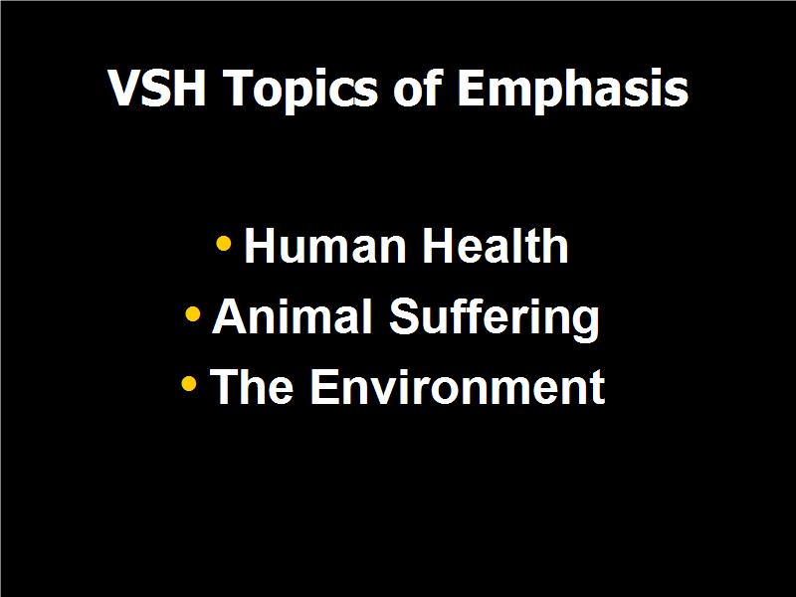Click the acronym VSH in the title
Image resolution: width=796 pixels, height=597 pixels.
tap(157, 88)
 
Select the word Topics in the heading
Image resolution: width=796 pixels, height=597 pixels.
tap(300, 91)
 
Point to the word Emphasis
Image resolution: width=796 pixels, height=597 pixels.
tap(573, 91)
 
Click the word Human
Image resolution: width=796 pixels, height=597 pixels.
tap(325, 246)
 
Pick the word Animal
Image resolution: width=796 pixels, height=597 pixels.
tap(292, 315)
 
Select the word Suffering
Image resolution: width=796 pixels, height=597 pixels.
tap(495, 318)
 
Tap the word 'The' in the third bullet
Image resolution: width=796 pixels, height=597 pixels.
tap(252, 386)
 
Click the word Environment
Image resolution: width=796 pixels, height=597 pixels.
tap(458, 387)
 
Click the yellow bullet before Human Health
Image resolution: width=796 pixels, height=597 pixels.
tap(223, 243)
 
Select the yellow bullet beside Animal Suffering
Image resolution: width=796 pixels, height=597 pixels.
tap(192, 314)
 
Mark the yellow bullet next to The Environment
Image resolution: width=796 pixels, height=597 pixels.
tap(188, 384)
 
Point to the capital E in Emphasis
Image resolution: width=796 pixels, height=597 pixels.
tap(472, 88)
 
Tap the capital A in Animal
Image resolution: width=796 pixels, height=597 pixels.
tap(228, 315)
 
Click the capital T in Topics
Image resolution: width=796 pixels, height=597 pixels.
tap(239, 88)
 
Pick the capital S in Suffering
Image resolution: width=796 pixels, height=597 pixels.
tap(404, 315)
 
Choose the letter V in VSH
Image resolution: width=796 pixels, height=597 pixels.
tap(123, 88)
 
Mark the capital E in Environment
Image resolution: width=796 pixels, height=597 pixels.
tap(324, 386)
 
